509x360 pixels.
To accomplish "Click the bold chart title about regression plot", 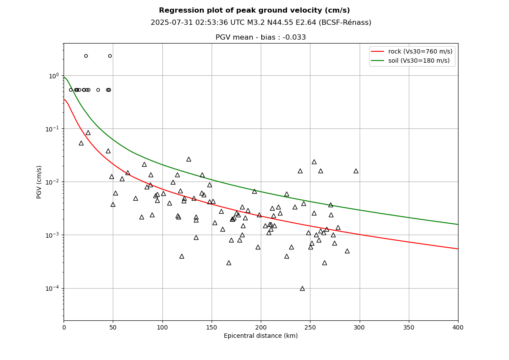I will coord(254,10).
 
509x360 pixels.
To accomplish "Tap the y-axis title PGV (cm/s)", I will coord(39,182).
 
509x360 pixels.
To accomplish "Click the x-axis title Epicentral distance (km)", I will coord(261,336).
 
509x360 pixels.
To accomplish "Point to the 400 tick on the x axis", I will coord(458,327).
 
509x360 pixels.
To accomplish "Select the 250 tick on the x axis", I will coord(310,327).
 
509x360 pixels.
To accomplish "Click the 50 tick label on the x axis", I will coord(113,327).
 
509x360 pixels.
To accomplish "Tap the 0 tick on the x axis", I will coord(64,327).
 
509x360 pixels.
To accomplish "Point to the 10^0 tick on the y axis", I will coord(54,76).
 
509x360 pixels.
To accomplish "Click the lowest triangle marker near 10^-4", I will coord(302,289).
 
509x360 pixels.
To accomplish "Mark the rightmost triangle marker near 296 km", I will coord(356,171).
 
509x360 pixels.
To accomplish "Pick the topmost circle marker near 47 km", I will coord(110,56).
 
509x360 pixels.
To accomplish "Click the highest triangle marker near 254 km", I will coord(314,162).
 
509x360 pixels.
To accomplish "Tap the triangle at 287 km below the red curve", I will coord(347,251).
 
